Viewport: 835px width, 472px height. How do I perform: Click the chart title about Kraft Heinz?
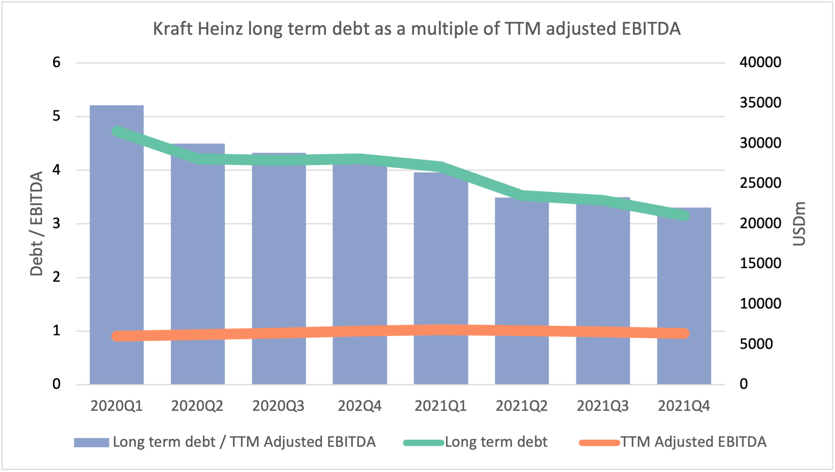coord(417,29)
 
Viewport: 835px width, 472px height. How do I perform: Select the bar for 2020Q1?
coord(117,245)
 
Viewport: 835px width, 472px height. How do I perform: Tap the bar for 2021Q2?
coord(522,291)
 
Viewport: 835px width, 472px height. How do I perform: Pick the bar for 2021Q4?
coord(684,296)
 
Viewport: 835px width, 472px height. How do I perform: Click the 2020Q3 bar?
coord(279,269)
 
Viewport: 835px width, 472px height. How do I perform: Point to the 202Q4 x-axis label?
coord(360,406)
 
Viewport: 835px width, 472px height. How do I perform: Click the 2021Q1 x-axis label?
coord(441,406)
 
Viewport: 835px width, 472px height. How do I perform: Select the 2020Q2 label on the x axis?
coord(197,406)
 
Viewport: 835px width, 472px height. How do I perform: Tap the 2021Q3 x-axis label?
coord(603,406)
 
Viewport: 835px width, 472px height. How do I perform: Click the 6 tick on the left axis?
coord(56,62)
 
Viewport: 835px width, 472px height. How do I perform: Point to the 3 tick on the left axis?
coord(56,223)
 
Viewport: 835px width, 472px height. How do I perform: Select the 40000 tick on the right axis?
coord(760,62)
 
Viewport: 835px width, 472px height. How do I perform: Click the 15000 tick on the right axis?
coord(760,263)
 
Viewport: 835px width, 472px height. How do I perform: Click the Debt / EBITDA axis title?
coord(36,224)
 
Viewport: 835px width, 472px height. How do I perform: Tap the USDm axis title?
coord(799,224)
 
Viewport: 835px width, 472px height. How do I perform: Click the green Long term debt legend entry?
coord(475,442)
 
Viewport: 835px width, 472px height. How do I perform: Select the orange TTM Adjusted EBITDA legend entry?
coord(673,442)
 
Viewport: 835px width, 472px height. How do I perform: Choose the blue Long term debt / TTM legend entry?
coord(225,442)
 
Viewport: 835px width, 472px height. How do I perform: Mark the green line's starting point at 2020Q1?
coord(117,131)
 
